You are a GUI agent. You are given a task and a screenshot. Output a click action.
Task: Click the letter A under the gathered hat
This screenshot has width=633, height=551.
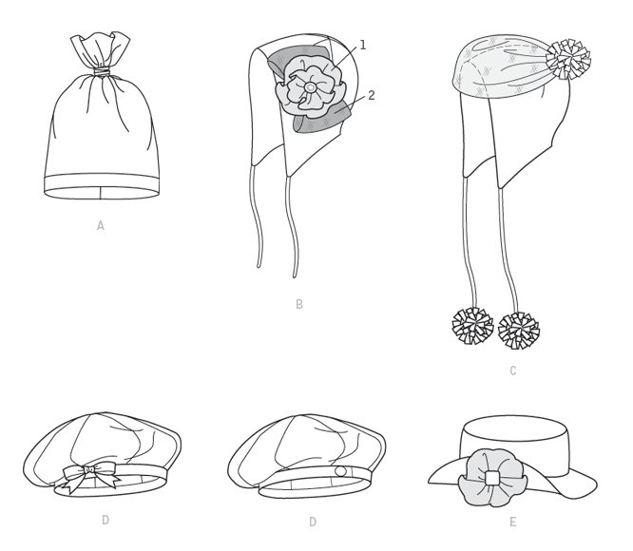pyautogui.click(x=101, y=225)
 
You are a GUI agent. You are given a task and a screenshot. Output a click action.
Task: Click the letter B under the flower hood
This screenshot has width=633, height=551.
pyautogui.click(x=299, y=304)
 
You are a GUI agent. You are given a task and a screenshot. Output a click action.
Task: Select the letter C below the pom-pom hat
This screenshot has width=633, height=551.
pyautogui.click(x=513, y=370)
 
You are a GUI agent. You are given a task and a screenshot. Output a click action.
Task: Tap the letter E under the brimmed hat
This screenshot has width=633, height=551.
pyautogui.click(x=512, y=522)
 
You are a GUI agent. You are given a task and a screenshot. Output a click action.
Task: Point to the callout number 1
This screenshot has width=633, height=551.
pyautogui.click(x=362, y=46)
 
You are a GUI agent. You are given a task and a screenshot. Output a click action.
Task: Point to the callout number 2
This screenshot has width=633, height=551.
pyautogui.click(x=372, y=96)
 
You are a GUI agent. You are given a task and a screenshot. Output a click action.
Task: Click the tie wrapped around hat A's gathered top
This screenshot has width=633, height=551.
pyautogui.click(x=102, y=72)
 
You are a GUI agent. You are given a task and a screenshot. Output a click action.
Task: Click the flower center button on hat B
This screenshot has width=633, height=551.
pyautogui.click(x=310, y=87)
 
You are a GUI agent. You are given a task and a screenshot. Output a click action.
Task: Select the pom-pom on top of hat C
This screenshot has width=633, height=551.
pyautogui.click(x=568, y=59)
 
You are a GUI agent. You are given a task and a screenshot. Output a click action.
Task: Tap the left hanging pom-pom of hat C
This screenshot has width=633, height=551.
pyautogui.click(x=472, y=326)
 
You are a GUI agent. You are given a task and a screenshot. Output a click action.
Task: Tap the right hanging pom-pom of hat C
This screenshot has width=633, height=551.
pyautogui.click(x=519, y=331)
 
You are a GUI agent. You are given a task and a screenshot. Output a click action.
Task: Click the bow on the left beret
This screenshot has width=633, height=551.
pyautogui.click(x=89, y=476)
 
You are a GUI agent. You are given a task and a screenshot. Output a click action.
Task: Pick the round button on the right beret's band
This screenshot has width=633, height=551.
pyautogui.click(x=340, y=471)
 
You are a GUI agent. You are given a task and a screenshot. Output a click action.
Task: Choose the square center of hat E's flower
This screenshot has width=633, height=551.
pyautogui.click(x=492, y=478)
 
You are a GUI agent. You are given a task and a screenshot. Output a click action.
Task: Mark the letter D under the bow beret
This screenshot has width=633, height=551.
pyautogui.click(x=105, y=521)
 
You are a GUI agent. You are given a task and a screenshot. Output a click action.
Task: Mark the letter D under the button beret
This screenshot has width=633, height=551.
pyautogui.click(x=313, y=522)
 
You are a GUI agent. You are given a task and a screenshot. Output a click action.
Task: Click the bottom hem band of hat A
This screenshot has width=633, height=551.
pyautogui.click(x=101, y=186)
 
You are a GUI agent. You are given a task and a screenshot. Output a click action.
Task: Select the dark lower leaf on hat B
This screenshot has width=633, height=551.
pyautogui.click(x=322, y=118)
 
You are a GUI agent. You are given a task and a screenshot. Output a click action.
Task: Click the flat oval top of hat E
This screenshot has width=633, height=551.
pyautogui.click(x=513, y=427)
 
